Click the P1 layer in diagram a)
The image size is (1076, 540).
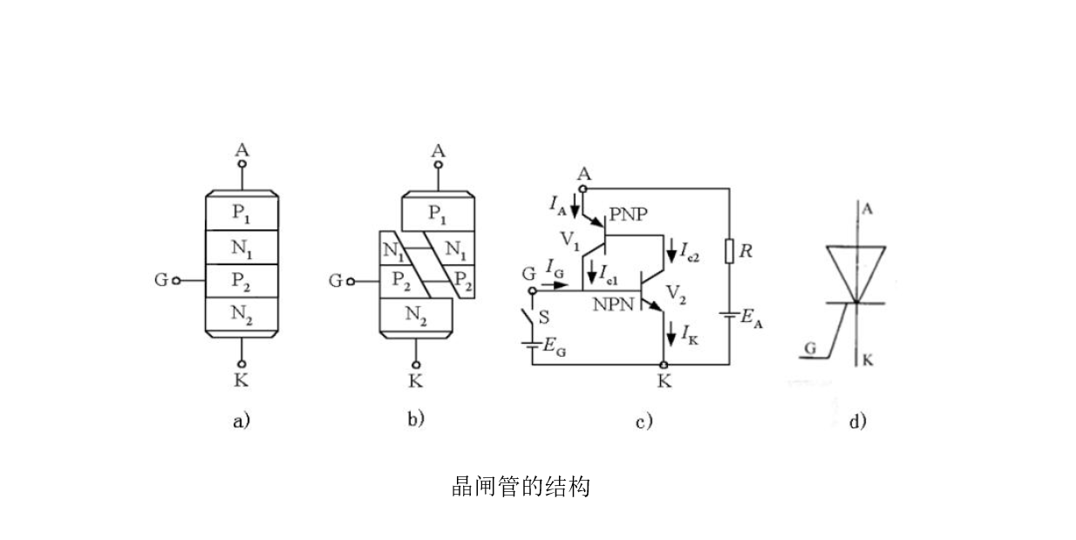(x=242, y=212)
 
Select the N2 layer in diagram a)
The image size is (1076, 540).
(x=242, y=315)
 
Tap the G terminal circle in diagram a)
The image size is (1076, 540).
(x=176, y=281)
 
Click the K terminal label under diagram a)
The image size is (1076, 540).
(x=242, y=381)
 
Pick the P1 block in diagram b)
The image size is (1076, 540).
(x=438, y=212)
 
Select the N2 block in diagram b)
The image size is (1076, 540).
(x=416, y=316)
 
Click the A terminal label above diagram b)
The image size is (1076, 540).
(x=438, y=151)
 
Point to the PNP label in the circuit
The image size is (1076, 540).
(x=630, y=215)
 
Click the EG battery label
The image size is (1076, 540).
(x=555, y=345)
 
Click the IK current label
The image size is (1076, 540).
(x=688, y=334)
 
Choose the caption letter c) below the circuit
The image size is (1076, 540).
(x=644, y=422)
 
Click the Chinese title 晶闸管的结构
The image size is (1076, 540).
(x=521, y=486)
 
